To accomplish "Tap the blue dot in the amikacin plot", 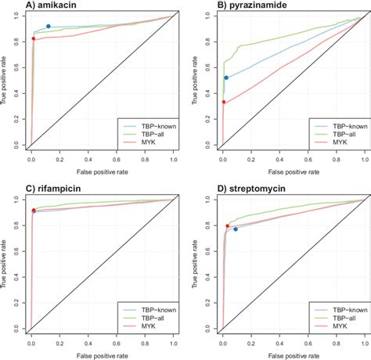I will point(49,27).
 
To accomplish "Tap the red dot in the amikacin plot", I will point(33,38).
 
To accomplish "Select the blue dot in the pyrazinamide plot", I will point(226,77).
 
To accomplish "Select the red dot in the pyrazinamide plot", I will point(224,102).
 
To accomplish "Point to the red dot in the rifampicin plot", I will point(33,211).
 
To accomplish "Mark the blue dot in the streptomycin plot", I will point(235,229).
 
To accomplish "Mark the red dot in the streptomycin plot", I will point(228,226).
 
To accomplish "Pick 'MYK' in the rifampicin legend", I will point(146,323).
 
